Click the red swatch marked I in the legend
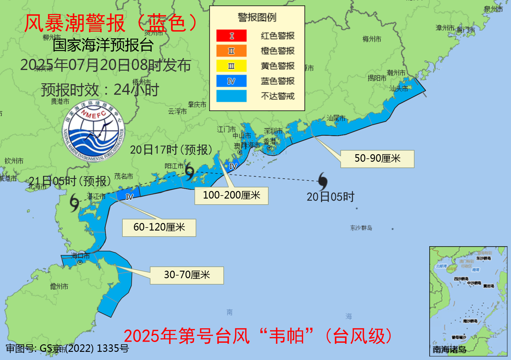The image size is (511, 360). click(231, 36)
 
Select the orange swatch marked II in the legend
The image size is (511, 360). click(231, 51)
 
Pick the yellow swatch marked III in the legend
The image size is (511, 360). click(231, 66)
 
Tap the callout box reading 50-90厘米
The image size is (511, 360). click(377, 159)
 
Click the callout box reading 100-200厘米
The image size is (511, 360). click(231, 196)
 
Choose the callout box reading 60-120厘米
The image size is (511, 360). click(159, 228)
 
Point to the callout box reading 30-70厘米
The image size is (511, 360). click(187, 275)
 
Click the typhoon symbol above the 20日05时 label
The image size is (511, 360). click(323, 181)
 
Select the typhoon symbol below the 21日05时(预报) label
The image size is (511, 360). click(74, 202)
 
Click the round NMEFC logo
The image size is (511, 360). click(93, 131)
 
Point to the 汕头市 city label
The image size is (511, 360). click(398, 89)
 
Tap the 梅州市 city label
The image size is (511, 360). click(372, 39)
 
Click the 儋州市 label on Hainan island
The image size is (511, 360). click(59, 286)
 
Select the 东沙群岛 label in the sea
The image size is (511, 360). click(361, 228)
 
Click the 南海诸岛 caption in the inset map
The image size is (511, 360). click(449, 349)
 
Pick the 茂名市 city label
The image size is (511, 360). click(124, 176)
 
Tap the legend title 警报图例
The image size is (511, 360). click(257, 18)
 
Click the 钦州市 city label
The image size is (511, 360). click(14, 161)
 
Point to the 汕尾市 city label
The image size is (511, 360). click(336, 118)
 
